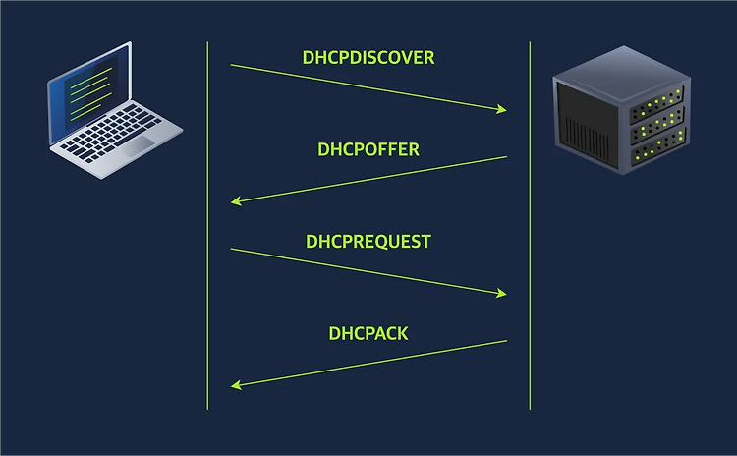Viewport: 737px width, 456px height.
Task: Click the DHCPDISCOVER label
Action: (x=368, y=57)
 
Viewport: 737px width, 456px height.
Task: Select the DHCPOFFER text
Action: (x=368, y=149)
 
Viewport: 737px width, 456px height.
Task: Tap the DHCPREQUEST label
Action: (x=368, y=242)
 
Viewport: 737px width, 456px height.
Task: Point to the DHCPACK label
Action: (x=368, y=334)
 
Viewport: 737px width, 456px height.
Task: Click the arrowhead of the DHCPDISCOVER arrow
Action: (x=503, y=109)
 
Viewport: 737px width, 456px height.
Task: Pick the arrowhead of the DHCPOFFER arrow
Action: (x=235, y=201)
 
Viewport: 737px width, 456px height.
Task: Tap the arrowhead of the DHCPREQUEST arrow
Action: (x=503, y=294)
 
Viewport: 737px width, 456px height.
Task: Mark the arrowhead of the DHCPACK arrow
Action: (x=235, y=385)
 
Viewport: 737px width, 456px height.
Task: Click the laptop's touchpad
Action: (x=140, y=146)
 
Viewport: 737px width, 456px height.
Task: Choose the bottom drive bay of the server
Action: (x=658, y=147)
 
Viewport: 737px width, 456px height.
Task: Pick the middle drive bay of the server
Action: (x=657, y=126)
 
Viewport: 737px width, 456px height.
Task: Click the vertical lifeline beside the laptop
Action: (x=207, y=226)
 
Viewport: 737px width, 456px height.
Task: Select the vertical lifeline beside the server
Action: (x=530, y=226)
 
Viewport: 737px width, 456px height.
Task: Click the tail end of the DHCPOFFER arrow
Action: (x=506, y=157)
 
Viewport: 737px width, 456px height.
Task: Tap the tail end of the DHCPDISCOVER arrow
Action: (x=231, y=65)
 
